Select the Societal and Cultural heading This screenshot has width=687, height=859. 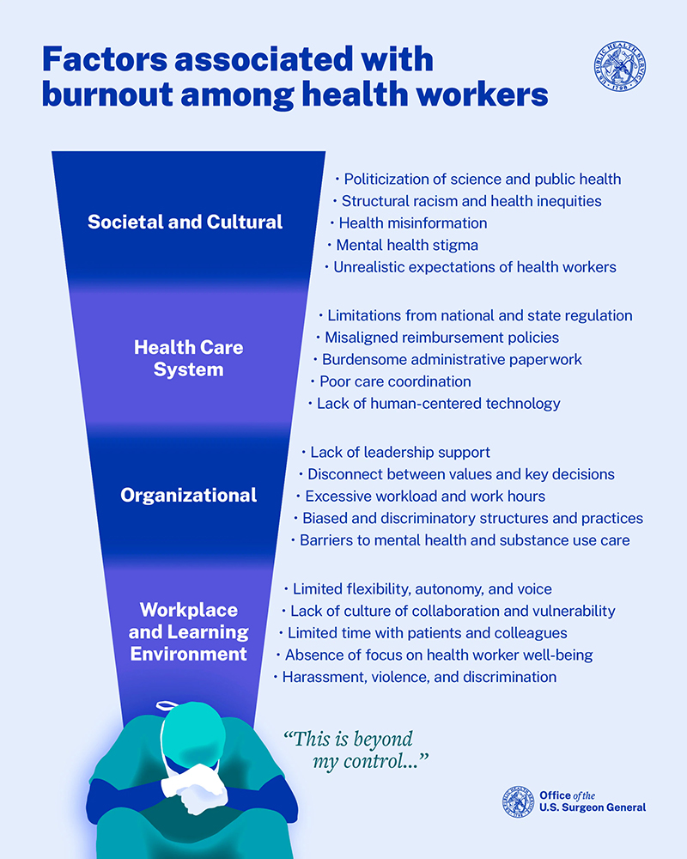coord(185,222)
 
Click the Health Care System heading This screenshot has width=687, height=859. coord(188,359)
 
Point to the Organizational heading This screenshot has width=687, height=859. coord(188,495)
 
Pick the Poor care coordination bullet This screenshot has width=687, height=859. coord(394,381)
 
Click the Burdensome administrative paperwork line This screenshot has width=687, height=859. coord(451,359)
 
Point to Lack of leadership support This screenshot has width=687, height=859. coord(399,452)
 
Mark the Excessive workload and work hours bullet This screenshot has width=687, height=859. coord(424,496)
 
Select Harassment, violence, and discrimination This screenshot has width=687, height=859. coord(418,677)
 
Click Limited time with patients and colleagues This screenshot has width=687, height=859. coord(426,633)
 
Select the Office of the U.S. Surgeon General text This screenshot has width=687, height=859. coord(592,801)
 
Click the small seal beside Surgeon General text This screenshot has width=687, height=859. coord(517,802)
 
